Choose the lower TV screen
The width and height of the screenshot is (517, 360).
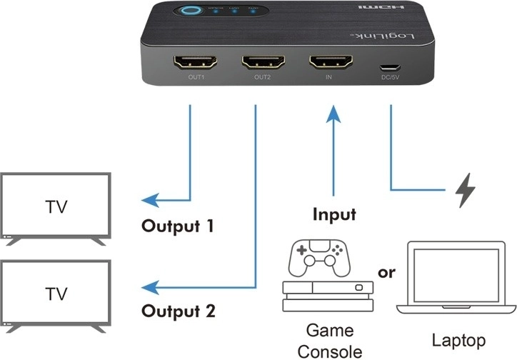click(56, 294)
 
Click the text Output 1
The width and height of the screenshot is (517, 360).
click(178, 228)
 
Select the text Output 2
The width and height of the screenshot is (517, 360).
click(178, 312)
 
